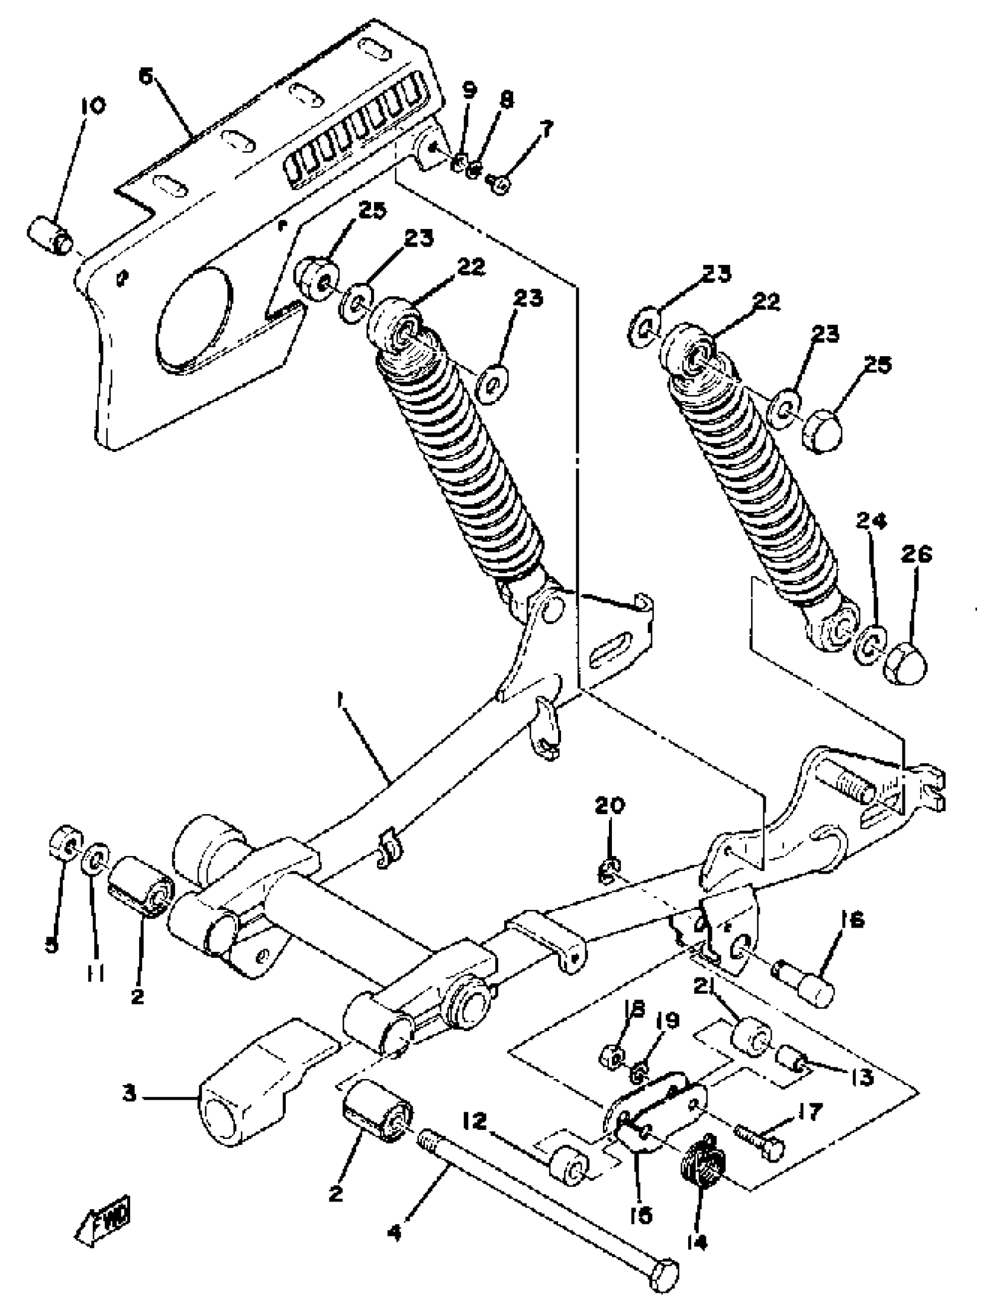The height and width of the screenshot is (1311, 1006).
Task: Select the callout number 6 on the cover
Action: (x=146, y=77)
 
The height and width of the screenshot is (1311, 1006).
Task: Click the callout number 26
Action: (x=917, y=554)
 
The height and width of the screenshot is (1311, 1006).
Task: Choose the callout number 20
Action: (x=610, y=805)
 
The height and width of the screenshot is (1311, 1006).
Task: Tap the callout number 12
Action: (x=476, y=1120)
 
